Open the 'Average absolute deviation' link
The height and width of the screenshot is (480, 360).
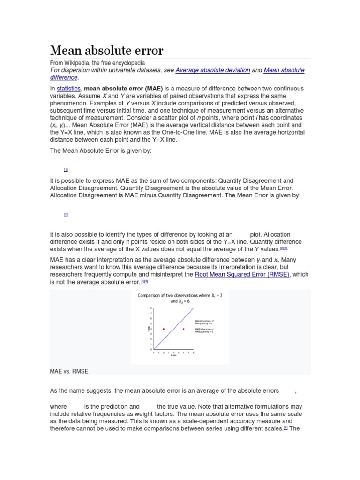[x=212, y=70]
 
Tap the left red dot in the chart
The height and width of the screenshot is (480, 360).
[x=163, y=329]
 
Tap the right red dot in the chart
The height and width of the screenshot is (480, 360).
[x=183, y=329]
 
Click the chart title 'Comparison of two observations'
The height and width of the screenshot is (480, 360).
[x=180, y=295]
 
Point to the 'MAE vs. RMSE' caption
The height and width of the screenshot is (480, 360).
[x=69, y=371]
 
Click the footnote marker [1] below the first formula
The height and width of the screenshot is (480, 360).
[x=66, y=169]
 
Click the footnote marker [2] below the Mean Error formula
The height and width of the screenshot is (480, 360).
[x=66, y=214]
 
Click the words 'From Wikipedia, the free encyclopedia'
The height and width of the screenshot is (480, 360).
[x=97, y=63]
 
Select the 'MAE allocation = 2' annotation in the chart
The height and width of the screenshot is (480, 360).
[x=205, y=321]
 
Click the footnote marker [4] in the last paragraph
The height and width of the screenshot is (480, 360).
[x=285, y=429]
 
